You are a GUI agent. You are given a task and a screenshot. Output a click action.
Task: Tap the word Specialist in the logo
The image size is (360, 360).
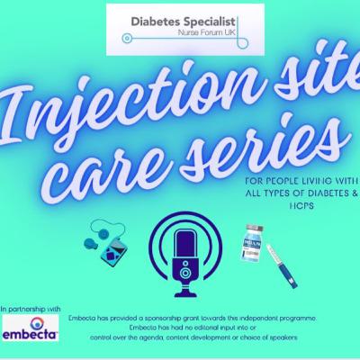tap(210, 22)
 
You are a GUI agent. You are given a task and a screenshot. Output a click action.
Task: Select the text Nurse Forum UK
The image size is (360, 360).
tap(206, 32)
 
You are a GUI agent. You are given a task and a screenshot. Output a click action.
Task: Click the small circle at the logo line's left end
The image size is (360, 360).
tap(127, 39)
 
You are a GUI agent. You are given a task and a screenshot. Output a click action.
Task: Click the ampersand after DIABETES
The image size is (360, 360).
tap(355, 193)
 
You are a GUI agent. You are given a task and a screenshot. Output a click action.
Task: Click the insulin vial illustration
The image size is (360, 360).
tap(251, 243)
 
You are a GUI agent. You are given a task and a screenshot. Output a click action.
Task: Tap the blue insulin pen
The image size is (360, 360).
tap(282, 266)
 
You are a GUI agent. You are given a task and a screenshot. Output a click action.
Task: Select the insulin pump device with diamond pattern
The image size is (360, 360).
tap(113, 251)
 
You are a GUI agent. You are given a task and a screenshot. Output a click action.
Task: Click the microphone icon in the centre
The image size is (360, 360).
tap(185, 255)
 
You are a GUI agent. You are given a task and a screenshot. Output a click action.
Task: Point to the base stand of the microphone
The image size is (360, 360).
tap(185, 292)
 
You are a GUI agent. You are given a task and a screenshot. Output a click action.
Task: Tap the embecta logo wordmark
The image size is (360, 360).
tap(30, 334)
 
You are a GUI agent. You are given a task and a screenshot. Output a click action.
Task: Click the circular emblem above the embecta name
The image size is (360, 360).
tap(37, 322)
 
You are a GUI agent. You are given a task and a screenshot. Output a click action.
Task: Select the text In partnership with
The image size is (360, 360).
tap(31, 309)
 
